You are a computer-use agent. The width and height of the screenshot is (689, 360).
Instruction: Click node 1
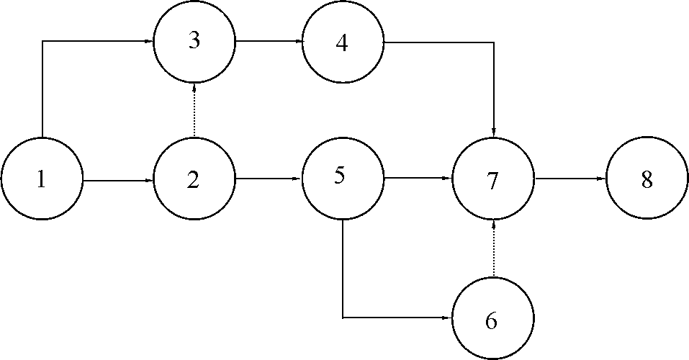pyautogui.click(x=42, y=179)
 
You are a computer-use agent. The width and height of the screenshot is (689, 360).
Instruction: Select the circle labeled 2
pyautogui.click(x=194, y=179)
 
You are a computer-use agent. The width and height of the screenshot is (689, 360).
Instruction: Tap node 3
pyautogui.click(x=194, y=41)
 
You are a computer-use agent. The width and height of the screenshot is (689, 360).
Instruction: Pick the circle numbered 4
pyautogui.click(x=343, y=41)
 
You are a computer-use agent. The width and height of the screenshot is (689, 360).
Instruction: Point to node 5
pyautogui.click(x=343, y=179)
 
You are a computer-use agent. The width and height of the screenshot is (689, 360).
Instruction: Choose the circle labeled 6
pyautogui.click(x=493, y=318)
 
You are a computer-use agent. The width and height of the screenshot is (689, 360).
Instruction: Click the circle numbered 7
pyautogui.click(x=493, y=179)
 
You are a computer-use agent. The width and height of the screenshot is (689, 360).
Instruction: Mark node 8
pyautogui.click(x=647, y=178)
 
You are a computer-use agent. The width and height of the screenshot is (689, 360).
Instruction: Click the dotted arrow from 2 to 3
pyautogui.click(x=194, y=110)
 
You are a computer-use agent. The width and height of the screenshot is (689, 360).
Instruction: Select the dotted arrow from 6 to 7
pyautogui.click(x=494, y=248)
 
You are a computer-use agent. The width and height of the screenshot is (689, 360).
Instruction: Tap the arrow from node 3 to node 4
pyautogui.click(x=269, y=42)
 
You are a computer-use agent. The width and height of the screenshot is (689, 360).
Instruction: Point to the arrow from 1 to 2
pyautogui.click(x=118, y=180)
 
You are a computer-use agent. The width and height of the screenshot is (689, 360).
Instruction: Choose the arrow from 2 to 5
pyautogui.click(x=269, y=179)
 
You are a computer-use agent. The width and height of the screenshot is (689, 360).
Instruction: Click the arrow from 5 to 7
pyautogui.click(x=418, y=178)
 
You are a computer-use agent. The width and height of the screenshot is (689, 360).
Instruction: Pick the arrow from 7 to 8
pyautogui.click(x=570, y=179)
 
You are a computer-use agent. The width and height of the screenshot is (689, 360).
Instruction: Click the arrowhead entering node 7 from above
pyautogui.click(x=494, y=132)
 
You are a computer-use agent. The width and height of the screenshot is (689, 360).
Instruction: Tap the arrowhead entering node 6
pyautogui.click(x=448, y=317)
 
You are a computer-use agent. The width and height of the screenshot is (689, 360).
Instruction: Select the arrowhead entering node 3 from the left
pyautogui.click(x=148, y=41)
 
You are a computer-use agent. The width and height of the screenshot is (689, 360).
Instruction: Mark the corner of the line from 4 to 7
pyautogui.click(x=494, y=42)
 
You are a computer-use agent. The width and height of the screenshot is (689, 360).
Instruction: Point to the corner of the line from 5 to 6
pyautogui.click(x=343, y=317)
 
